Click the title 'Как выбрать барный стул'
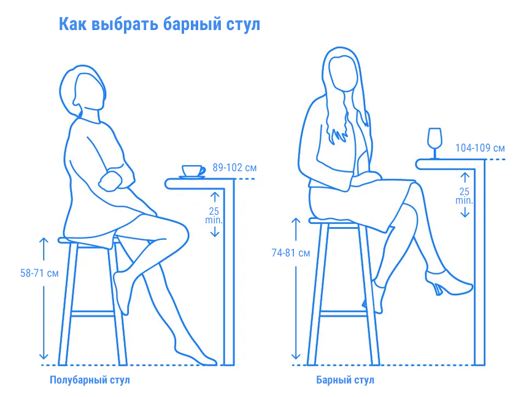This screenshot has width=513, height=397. tap(160, 25)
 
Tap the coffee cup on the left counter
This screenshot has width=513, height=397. tap(193, 171)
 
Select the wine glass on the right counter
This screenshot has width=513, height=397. tap(434, 143)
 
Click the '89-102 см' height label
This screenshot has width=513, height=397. tap(234, 167)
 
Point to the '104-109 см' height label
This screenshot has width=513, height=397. tap(480, 148)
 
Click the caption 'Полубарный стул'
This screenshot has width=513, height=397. tap(90, 380)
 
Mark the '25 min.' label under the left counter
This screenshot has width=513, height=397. tap(214, 214)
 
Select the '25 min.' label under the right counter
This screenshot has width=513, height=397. tap(464, 196)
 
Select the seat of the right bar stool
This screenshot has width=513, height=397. tap(334, 220)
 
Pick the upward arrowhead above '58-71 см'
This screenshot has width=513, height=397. tap(44, 241)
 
